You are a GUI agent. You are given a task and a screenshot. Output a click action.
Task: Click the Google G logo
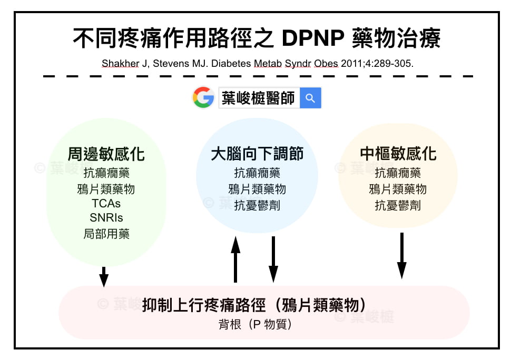[203, 97]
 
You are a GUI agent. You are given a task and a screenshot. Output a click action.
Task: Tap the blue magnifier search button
[310, 98]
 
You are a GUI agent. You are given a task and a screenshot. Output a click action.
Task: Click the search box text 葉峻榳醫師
[258, 98]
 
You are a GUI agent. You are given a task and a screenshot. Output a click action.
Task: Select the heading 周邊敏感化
[106, 154]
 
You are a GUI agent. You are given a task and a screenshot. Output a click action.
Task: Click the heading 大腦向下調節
[257, 154]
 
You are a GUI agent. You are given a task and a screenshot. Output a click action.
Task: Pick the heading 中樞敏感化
[398, 154]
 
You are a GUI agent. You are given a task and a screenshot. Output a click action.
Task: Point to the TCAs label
[106, 204]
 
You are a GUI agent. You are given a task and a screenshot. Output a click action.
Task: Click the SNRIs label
[106, 217]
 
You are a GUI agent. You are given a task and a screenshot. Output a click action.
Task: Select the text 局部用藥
[106, 234]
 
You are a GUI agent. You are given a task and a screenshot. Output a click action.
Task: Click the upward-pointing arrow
[235, 259]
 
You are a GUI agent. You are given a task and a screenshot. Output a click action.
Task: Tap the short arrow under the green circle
[104, 277]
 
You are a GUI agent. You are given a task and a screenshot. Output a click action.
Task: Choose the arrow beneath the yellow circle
[402, 256]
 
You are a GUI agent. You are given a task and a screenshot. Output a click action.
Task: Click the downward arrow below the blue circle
[273, 259]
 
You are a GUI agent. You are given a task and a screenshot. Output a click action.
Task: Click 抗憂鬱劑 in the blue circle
[257, 205]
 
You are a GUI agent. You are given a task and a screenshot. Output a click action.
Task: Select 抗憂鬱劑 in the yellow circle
[398, 205]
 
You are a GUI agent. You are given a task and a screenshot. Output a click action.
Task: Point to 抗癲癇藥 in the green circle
[106, 173]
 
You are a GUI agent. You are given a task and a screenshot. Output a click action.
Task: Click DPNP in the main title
[313, 38]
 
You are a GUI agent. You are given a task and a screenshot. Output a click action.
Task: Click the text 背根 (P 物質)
[255, 324]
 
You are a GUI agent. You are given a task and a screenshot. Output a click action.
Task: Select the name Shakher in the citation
[120, 63]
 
